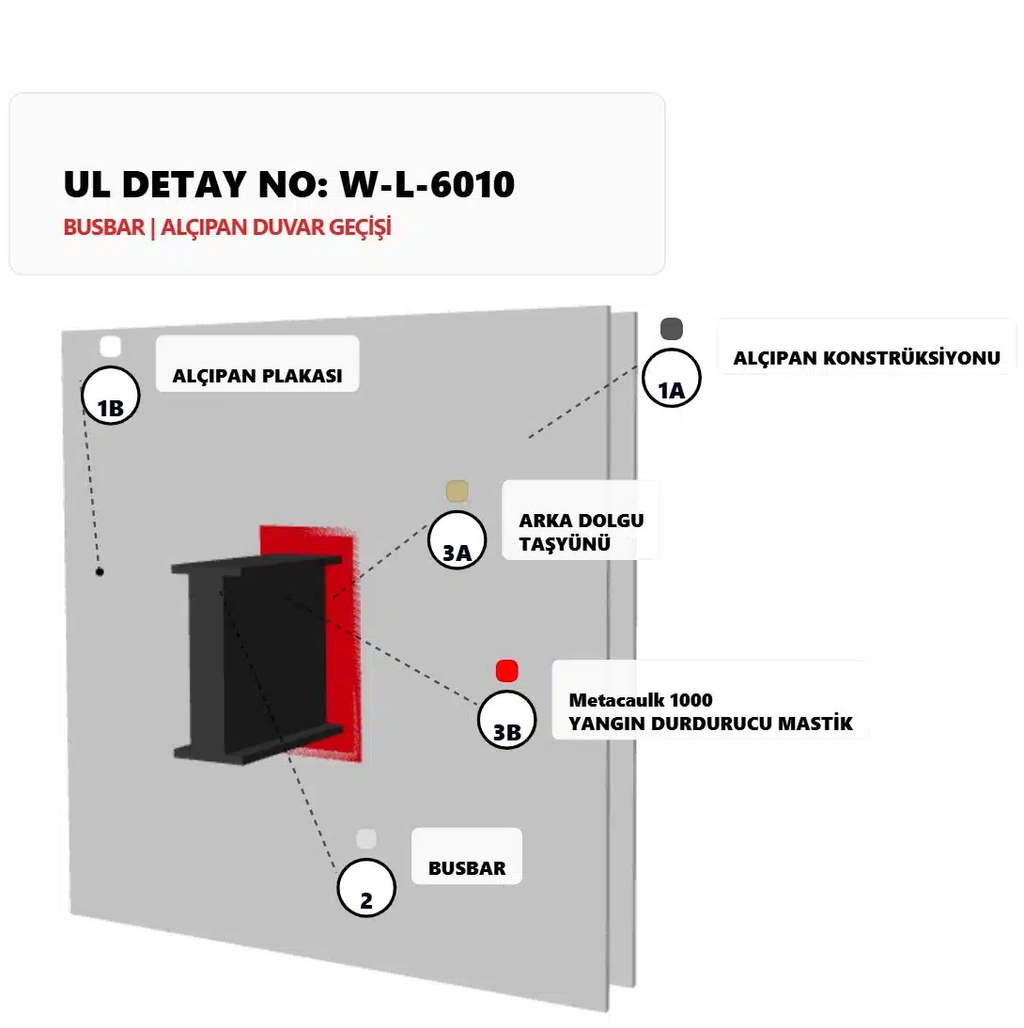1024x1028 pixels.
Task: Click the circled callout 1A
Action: (x=671, y=379)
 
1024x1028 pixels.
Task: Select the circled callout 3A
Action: (x=457, y=539)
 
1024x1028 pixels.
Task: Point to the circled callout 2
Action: (x=366, y=888)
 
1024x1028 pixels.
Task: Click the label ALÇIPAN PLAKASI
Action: (x=256, y=377)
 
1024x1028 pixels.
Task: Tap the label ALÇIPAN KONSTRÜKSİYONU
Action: (x=866, y=358)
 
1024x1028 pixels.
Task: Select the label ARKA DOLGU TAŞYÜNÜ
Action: (x=581, y=532)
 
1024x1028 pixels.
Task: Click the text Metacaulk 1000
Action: (x=641, y=700)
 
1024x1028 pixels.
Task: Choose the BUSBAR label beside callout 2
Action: (x=467, y=868)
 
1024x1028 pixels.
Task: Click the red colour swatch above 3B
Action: (x=507, y=671)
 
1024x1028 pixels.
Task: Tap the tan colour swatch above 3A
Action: (x=457, y=491)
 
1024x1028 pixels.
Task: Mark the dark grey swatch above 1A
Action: (x=671, y=329)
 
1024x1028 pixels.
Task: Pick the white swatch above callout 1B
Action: (x=110, y=346)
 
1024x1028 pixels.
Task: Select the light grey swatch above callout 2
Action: (x=366, y=839)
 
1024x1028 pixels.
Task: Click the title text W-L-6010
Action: (x=427, y=184)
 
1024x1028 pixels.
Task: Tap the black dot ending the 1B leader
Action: (x=100, y=571)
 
